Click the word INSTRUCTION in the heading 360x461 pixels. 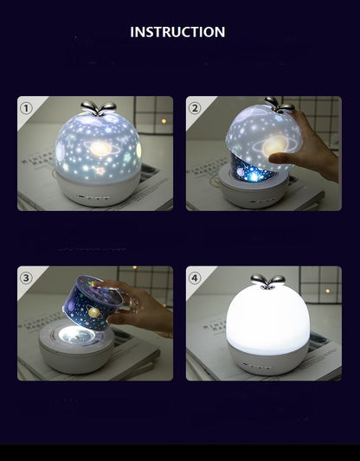click(177, 32)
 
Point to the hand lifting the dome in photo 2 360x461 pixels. click(307, 151)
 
